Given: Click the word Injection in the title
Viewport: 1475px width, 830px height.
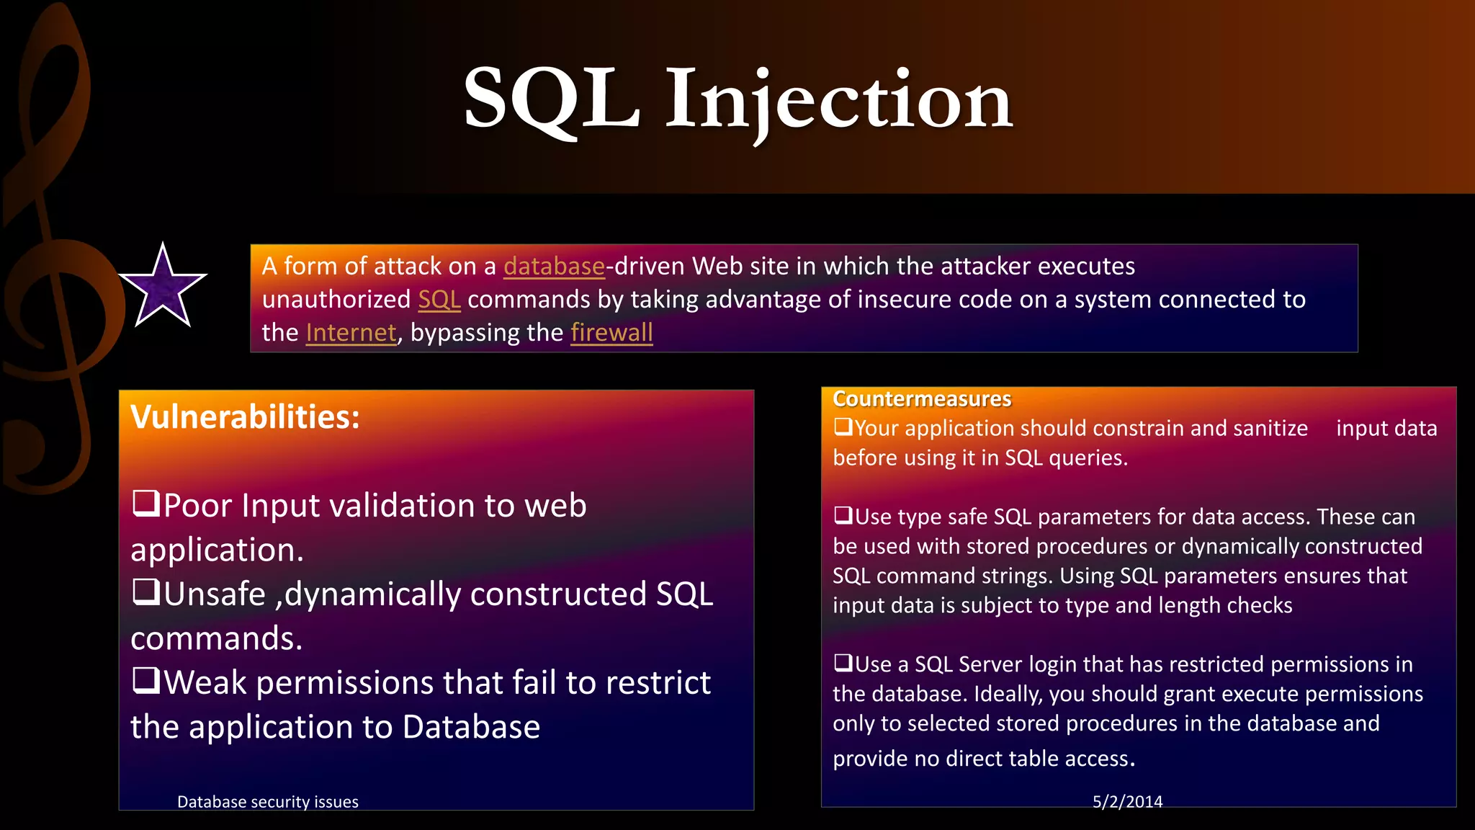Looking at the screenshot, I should [x=838, y=101].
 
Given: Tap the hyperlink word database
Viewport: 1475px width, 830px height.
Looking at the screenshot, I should [x=554, y=267].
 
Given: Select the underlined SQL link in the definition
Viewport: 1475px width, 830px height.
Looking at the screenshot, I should [x=439, y=300].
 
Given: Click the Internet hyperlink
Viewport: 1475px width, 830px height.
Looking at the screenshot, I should [x=351, y=333].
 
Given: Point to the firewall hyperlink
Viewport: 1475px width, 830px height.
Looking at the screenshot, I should [x=611, y=333].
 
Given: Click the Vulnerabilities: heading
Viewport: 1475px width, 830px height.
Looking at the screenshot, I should [x=245, y=417].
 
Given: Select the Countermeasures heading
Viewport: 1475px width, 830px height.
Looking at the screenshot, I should [x=922, y=398].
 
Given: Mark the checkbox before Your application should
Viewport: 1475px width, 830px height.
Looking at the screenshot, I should [x=843, y=427].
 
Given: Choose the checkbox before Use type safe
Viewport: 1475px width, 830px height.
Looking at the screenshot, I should [x=843, y=515].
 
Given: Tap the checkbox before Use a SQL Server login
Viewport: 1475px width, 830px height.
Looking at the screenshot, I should [x=843, y=663].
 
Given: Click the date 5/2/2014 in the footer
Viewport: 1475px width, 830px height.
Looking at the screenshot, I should [x=1127, y=801].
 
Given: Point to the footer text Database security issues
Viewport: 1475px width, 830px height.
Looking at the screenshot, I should [x=268, y=802].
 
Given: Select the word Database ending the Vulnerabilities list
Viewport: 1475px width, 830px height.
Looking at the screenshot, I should [x=471, y=727].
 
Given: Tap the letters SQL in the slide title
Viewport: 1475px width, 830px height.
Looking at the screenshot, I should [x=552, y=101].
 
